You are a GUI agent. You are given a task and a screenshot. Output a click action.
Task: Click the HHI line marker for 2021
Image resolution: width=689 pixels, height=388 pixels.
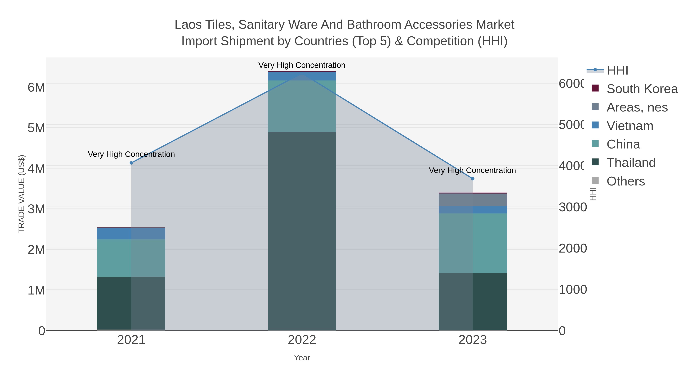point(131,163)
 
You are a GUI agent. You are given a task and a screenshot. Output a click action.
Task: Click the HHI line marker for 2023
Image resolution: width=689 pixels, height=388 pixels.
point(473,179)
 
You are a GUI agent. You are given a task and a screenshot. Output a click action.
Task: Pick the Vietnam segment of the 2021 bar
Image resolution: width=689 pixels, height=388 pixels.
point(131,234)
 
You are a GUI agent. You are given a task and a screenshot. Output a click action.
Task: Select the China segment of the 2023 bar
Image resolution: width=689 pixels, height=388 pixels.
point(473,243)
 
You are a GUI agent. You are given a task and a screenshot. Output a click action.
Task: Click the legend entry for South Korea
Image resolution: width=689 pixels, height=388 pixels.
point(642,89)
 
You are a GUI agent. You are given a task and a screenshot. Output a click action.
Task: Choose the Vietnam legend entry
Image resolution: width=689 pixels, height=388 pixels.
point(630,126)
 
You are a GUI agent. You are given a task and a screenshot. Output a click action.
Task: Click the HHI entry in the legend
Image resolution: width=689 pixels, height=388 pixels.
point(617,71)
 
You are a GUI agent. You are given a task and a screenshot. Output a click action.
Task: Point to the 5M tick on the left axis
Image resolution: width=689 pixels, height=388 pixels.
point(36,128)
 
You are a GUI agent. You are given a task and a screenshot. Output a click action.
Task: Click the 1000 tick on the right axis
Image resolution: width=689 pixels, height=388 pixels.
point(573,290)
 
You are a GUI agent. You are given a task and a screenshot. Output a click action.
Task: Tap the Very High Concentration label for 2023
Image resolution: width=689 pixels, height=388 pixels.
point(472,170)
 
